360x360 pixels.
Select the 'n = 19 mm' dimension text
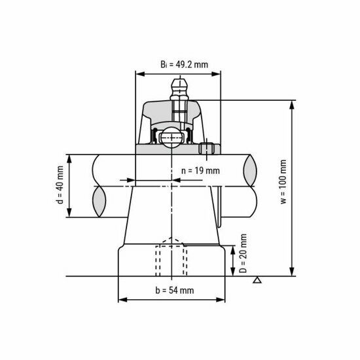200,171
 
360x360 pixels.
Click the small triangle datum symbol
258,281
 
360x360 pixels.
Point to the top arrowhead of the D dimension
234,247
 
